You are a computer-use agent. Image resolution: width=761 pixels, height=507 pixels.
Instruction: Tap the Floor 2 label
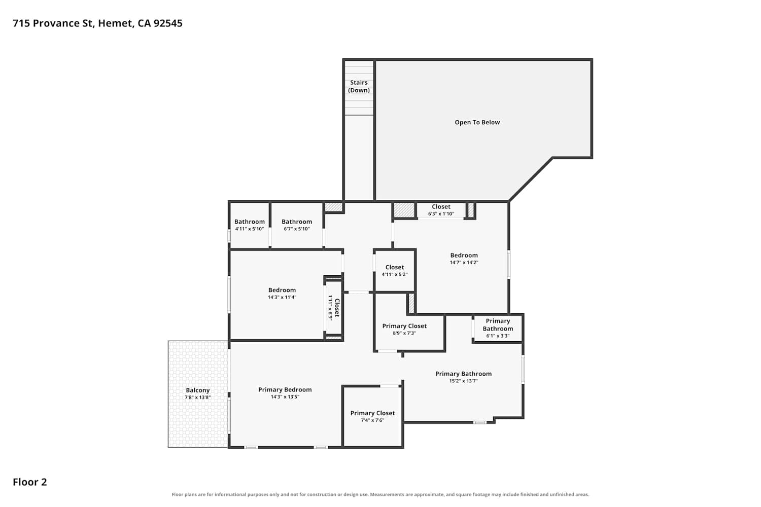point(30,482)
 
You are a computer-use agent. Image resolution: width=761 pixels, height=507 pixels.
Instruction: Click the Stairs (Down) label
point(359,86)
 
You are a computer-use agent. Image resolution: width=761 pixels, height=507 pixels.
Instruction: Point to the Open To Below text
point(477,122)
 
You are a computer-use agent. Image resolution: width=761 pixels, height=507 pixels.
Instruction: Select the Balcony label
point(198,390)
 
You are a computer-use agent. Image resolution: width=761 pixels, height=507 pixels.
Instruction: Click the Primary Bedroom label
point(285,389)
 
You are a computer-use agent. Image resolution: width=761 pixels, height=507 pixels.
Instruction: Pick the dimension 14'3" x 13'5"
point(285,396)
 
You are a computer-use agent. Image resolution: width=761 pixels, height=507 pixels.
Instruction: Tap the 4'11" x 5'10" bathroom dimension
point(250,229)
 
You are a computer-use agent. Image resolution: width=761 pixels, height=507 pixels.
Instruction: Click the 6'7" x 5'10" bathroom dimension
point(297,229)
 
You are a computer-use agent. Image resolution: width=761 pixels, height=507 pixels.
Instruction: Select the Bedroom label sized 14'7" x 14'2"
point(464,256)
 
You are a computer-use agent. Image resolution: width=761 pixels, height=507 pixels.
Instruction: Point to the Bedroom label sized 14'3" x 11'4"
point(282,290)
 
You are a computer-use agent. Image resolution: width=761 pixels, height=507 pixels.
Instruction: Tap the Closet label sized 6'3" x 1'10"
point(441,206)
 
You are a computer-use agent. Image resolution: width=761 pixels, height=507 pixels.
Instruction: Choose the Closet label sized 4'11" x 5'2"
point(394,267)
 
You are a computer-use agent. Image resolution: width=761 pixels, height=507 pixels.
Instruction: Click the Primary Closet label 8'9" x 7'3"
point(404,326)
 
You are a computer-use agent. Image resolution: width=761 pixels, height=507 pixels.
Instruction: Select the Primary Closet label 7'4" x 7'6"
point(372,413)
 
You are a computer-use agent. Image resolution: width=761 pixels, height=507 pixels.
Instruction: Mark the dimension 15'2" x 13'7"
point(463,381)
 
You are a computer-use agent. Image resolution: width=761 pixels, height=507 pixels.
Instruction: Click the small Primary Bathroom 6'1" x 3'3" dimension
point(498,336)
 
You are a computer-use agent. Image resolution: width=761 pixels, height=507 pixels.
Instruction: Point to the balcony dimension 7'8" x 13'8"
point(198,397)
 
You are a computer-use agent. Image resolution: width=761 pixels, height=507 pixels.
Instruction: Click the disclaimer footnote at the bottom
point(380,494)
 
